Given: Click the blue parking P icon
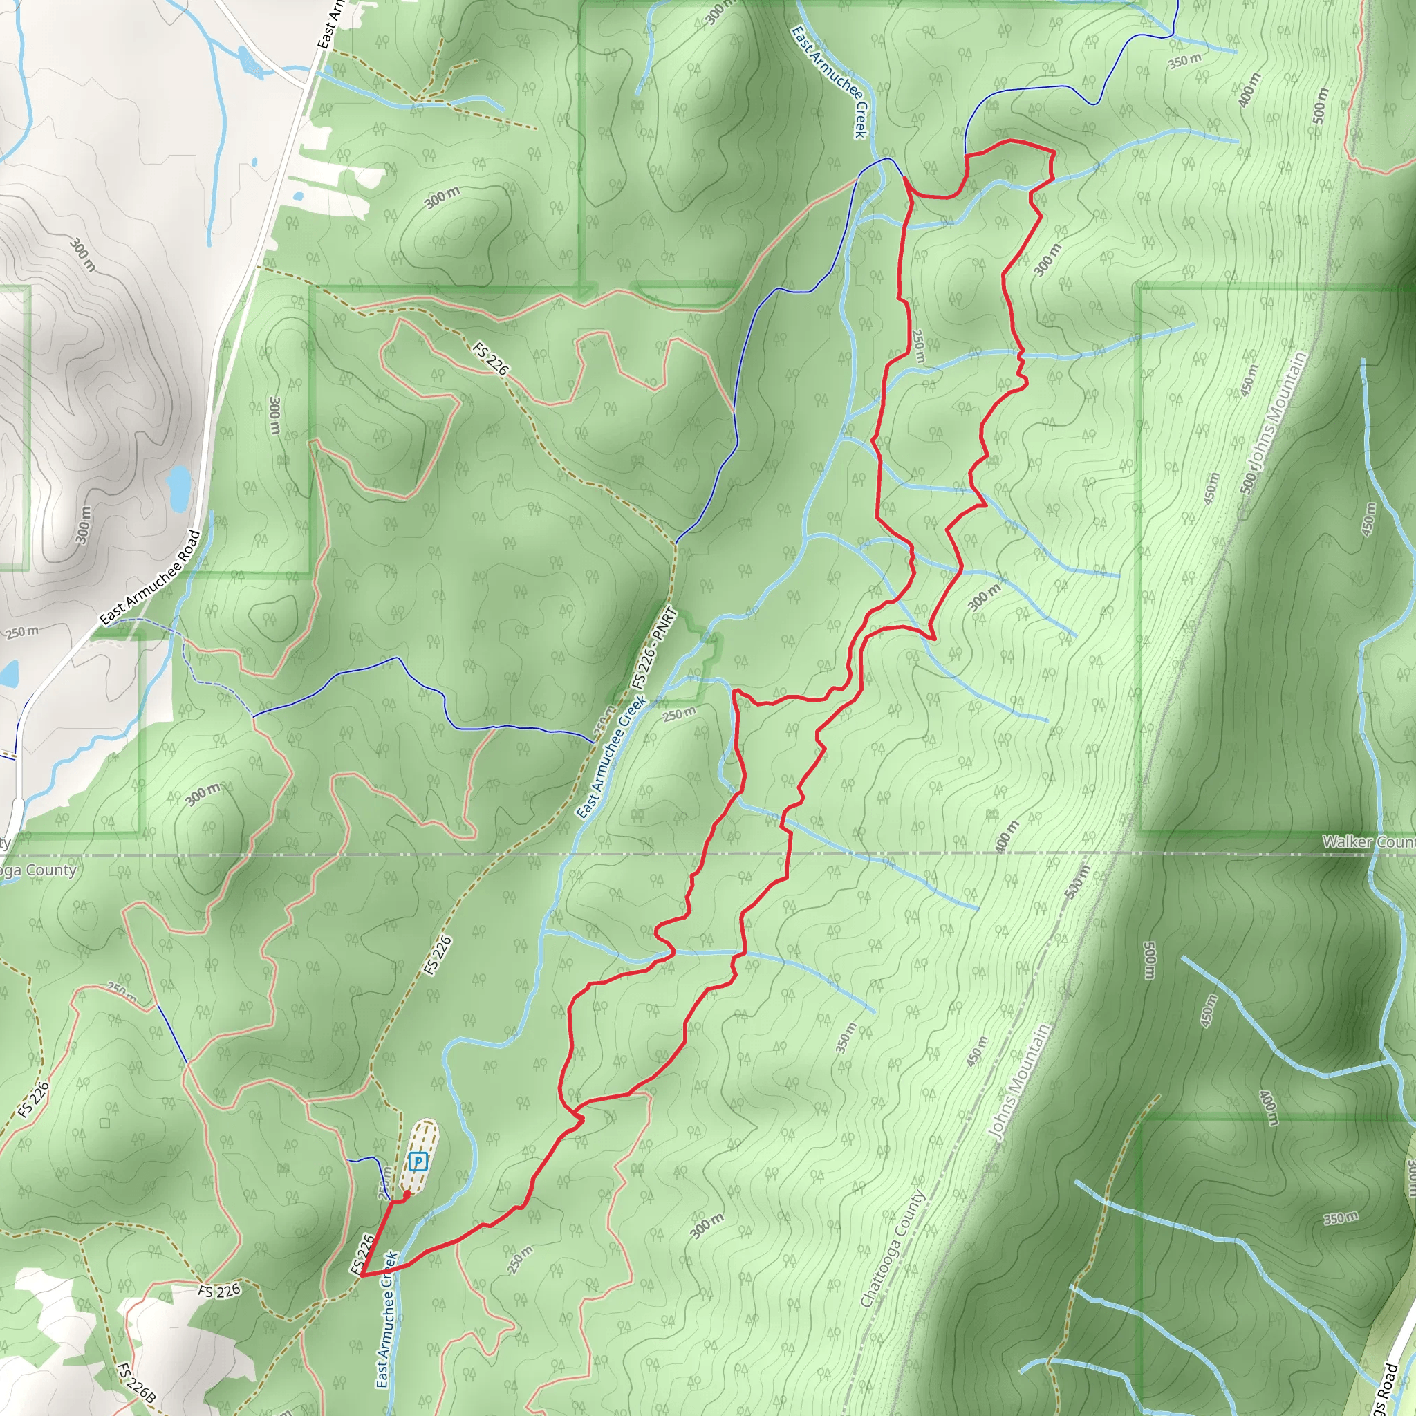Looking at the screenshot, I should [x=417, y=1162].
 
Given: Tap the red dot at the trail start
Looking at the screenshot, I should [x=407, y=1194].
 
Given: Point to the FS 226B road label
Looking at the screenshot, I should [x=136, y=1382].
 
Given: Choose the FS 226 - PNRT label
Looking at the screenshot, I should [x=654, y=648].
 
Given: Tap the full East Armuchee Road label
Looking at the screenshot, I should [x=150, y=578].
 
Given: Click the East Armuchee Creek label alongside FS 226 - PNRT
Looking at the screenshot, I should [x=611, y=756].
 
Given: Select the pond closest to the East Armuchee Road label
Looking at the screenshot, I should [x=179, y=488].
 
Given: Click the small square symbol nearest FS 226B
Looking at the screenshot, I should [x=105, y=1123].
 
